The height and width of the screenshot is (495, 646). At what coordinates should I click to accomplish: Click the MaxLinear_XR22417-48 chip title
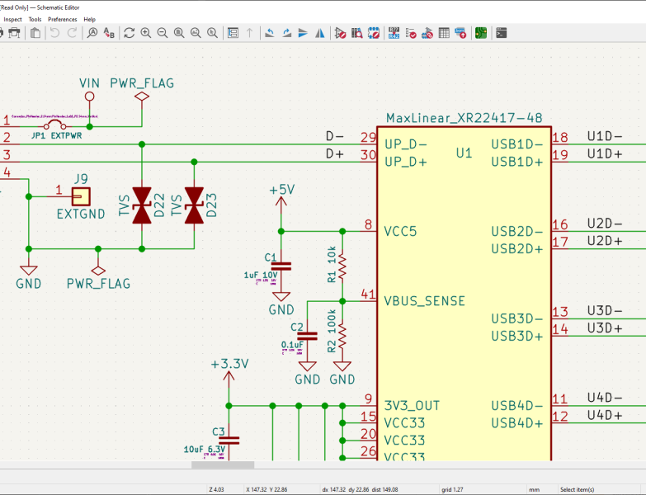coord(464,119)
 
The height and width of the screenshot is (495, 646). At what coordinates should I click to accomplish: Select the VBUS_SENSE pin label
coord(424,301)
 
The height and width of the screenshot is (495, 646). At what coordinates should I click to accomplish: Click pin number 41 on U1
coord(368,295)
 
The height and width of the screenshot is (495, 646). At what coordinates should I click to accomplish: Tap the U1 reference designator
coord(464,153)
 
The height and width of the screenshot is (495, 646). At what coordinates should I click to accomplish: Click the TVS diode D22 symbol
coord(142,205)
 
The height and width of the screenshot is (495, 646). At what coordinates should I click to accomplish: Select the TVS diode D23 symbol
coord(194,205)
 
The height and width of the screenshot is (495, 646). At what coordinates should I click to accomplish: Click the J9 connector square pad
coord(80,196)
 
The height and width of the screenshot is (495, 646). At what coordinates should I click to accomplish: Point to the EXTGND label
coord(80,214)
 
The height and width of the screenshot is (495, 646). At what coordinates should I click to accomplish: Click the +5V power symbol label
coord(281,190)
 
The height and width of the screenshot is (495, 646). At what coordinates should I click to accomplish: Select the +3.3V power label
coord(229,364)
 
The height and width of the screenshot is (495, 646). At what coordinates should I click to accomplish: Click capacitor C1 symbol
coord(281,266)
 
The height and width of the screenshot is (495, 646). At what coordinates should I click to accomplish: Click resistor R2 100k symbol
coord(342,336)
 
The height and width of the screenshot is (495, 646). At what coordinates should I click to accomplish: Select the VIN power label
coord(90,83)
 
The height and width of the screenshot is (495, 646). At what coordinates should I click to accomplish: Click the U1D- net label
coord(604,136)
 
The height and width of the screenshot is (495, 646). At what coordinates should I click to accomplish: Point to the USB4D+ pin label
coord(517,423)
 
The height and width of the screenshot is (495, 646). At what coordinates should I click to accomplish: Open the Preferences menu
coord(63,19)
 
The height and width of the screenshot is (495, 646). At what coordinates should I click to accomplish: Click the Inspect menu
coord(12,19)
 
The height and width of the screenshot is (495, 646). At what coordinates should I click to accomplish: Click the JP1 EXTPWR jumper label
coord(57,134)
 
